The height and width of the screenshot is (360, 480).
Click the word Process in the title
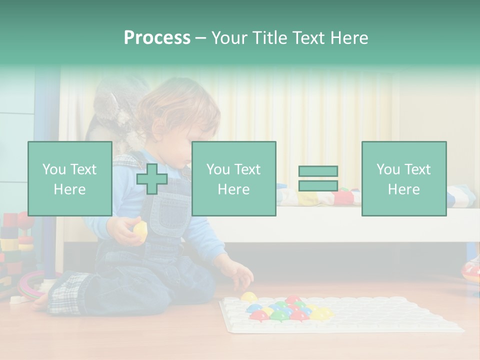click(x=157, y=38)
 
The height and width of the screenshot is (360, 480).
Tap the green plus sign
click(x=152, y=178)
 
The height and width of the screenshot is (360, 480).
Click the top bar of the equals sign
click(x=318, y=171)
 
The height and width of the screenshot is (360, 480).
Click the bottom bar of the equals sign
click(x=318, y=185)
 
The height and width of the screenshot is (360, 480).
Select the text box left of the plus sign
click(x=69, y=178)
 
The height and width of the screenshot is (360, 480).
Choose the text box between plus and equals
click(x=233, y=178)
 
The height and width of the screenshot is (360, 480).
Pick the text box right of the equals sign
click(x=403, y=178)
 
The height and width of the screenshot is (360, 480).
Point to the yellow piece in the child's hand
click(x=140, y=230)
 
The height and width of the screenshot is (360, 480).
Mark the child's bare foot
click(x=41, y=302)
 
